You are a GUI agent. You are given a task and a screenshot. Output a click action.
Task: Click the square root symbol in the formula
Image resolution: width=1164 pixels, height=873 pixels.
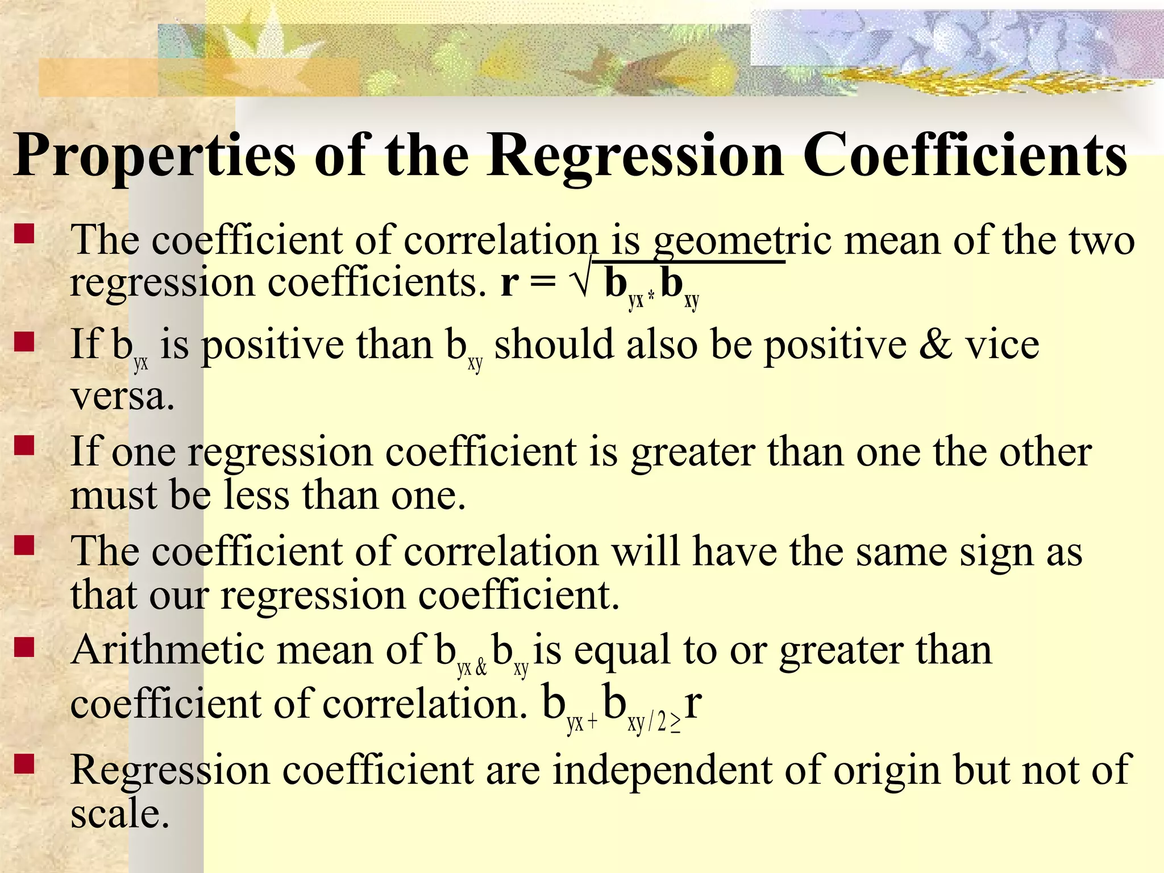[581, 282]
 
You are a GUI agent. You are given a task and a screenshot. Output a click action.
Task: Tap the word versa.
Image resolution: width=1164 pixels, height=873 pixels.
[122, 396]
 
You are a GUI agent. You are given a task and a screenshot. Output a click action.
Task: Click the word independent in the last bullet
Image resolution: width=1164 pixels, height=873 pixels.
[662, 770]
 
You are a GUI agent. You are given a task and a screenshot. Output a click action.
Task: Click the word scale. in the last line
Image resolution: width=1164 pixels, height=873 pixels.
[120, 814]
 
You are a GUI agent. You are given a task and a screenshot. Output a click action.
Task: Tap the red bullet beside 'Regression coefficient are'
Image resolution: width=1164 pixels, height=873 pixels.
[24, 764]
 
